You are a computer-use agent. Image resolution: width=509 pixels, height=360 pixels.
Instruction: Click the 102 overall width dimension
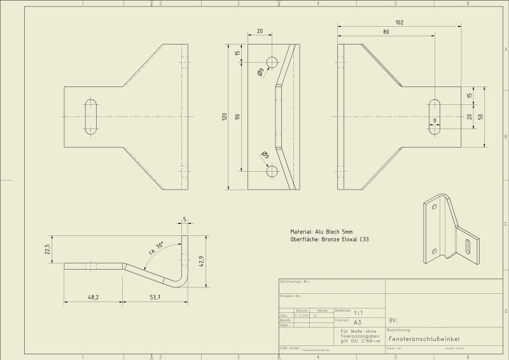[399, 23]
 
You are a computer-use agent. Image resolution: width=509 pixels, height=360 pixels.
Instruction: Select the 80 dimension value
[386, 31]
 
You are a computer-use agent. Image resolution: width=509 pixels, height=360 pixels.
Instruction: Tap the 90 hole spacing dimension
[237, 116]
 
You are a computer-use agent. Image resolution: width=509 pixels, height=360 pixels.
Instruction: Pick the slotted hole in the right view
[436, 116]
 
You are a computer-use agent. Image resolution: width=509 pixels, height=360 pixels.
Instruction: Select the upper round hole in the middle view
[272, 62]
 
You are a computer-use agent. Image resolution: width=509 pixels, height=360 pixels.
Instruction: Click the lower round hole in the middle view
[272, 170]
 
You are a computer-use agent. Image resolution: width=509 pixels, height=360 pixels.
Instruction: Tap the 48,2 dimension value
[93, 297]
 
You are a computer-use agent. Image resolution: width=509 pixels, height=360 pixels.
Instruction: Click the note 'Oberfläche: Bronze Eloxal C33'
[330, 240]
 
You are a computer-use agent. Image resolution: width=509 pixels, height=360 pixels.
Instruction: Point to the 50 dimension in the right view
[481, 116]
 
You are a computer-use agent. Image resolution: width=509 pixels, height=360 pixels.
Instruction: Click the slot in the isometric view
[469, 247]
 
